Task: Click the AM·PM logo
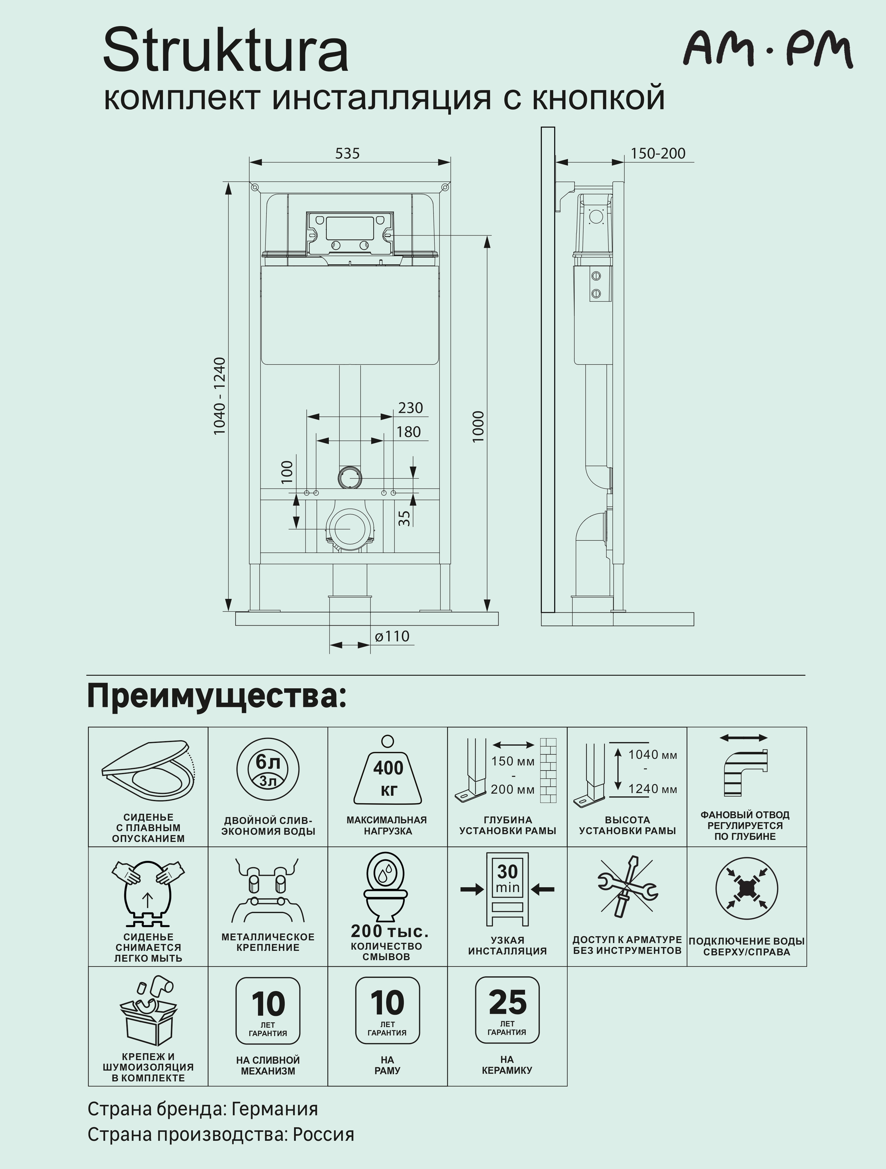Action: pyautogui.click(x=768, y=50)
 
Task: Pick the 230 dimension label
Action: pyautogui.click(x=410, y=408)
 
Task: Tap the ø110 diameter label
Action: pyautogui.click(x=392, y=636)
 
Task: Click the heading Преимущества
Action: pyautogui.click(x=217, y=696)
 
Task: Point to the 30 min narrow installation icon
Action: pyautogui.click(x=507, y=889)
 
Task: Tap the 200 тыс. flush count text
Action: pyautogui.click(x=389, y=931)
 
